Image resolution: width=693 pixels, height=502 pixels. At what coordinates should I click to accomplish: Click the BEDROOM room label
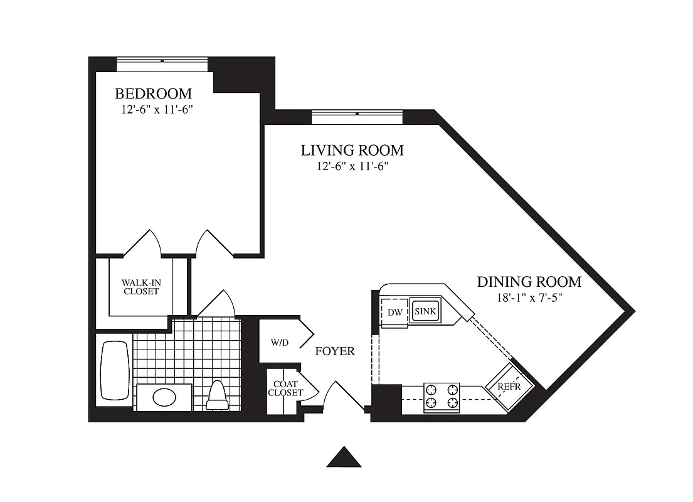point(153,94)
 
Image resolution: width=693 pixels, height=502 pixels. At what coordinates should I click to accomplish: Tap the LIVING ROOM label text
point(352,151)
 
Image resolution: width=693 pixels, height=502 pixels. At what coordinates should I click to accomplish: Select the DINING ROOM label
point(529,282)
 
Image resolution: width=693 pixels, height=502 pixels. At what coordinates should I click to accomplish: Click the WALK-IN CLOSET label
point(141,287)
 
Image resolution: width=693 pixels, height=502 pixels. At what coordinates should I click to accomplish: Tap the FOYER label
point(334,351)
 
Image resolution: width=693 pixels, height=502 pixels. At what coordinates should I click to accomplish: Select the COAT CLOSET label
point(285,388)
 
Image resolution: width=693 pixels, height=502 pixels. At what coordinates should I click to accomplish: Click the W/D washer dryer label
point(280,343)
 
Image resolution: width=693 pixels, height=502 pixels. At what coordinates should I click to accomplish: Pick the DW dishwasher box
point(395,312)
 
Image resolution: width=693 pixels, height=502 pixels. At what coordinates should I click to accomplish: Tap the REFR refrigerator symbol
point(509,387)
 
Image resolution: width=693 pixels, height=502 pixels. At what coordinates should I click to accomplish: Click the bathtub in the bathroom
point(115,370)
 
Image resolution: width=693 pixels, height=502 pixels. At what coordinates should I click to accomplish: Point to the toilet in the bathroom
point(218,395)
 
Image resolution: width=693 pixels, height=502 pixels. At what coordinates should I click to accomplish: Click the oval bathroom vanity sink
point(164,397)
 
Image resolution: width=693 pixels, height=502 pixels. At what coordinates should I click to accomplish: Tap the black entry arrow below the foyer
point(344,457)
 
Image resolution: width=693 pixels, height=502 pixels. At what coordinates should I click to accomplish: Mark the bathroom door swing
point(216,304)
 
